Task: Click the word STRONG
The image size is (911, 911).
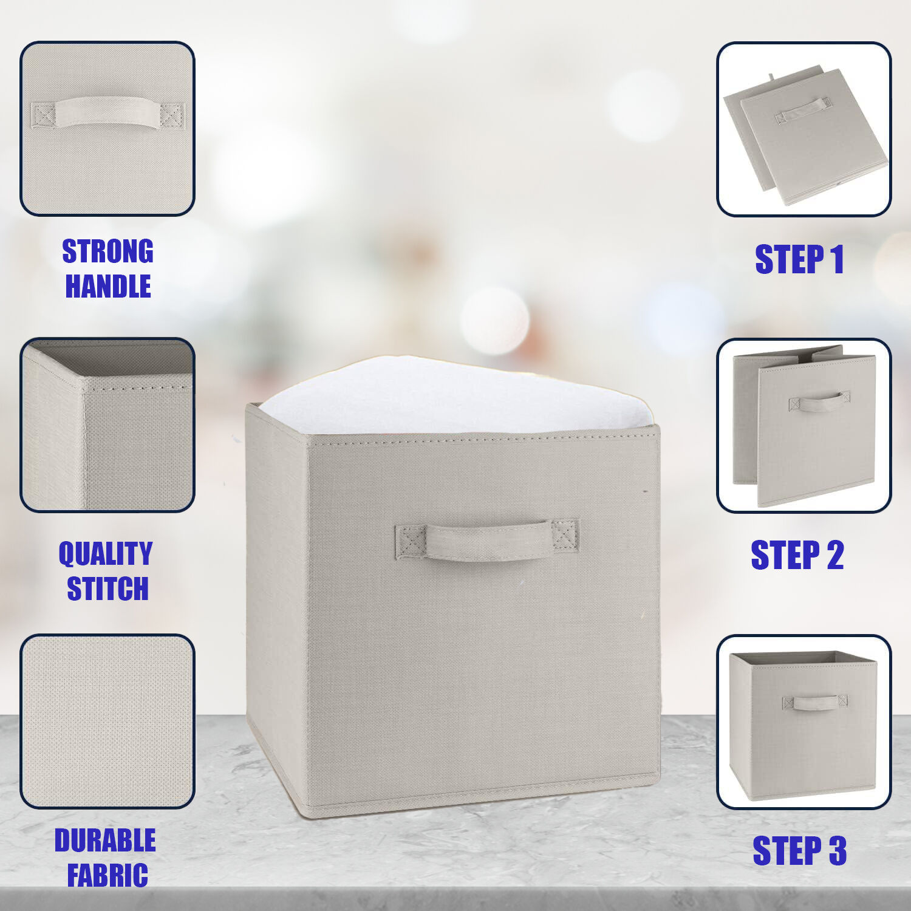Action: (107, 251)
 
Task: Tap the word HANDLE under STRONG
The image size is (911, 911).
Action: (108, 286)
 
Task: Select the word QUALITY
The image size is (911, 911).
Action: (106, 553)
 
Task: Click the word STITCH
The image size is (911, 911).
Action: (107, 589)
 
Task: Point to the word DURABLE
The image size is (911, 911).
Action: (105, 841)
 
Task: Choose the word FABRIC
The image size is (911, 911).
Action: (107, 875)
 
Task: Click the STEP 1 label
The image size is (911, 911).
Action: (799, 259)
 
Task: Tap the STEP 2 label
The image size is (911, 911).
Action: (797, 554)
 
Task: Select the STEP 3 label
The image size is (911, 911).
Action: (799, 850)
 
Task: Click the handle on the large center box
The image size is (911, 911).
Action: (486, 539)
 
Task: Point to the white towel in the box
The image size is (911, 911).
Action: (455, 395)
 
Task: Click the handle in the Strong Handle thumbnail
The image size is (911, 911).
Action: (107, 113)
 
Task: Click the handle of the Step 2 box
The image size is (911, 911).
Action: (819, 401)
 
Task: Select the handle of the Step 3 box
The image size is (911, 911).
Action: (814, 703)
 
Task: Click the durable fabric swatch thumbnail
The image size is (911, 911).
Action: (107, 722)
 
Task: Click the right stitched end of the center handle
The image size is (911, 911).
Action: (565, 535)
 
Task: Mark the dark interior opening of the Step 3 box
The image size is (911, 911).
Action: (803, 658)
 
